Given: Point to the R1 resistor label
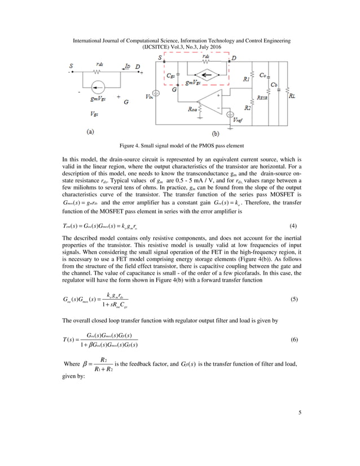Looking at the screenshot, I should (x=247, y=80).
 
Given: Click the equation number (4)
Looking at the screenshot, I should (x=293, y=226).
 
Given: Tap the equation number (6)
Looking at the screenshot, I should (x=293, y=341).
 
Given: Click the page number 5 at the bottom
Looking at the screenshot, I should (x=300, y=413).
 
